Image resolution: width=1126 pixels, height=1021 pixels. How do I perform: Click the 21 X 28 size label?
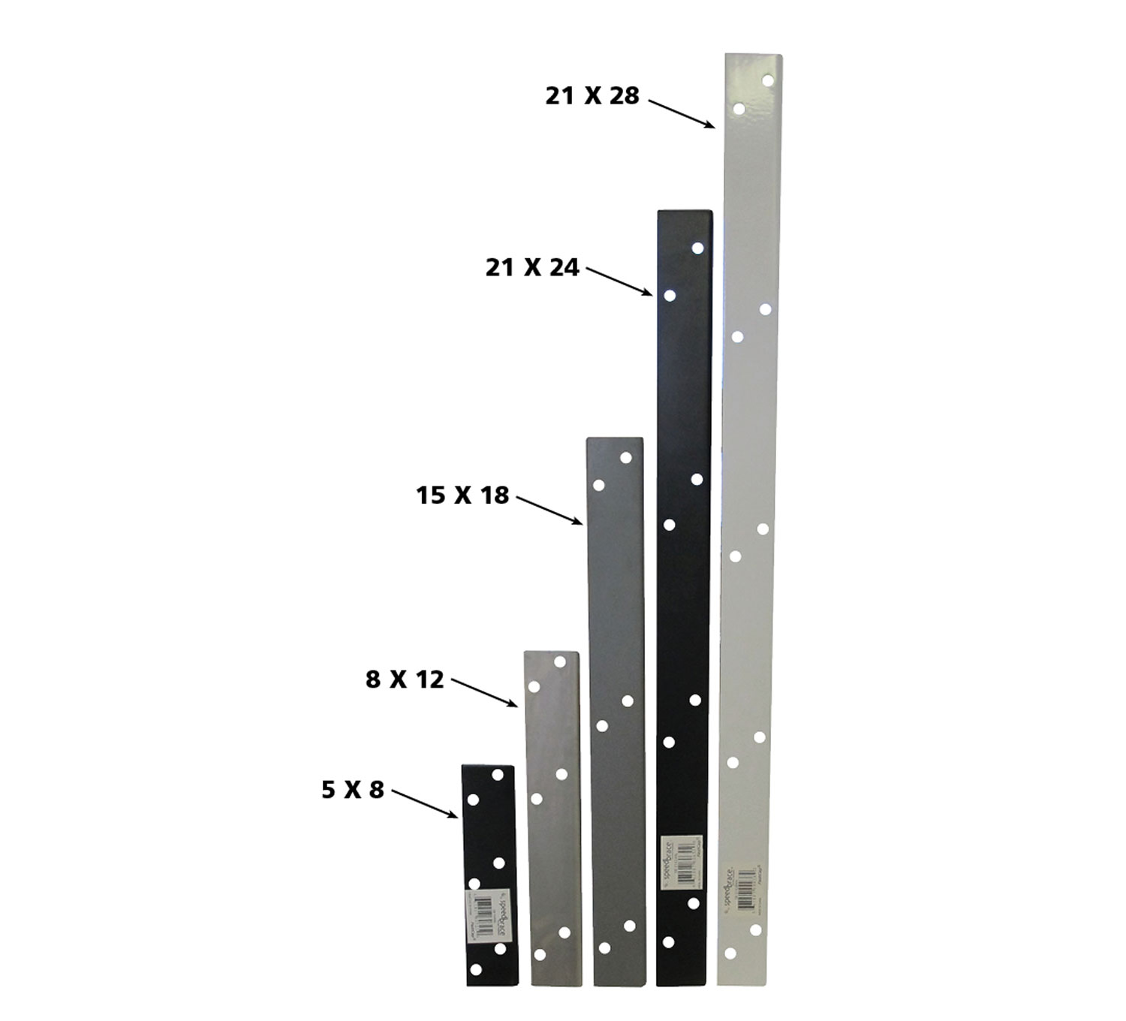[x=592, y=96]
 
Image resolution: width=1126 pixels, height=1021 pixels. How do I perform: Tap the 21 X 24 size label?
[x=532, y=268]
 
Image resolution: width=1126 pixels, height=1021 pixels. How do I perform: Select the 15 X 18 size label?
[x=462, y=495]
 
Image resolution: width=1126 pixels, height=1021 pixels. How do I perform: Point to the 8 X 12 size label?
[x=405, y=680]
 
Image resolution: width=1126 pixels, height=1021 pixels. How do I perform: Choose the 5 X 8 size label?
[x=353, y=791]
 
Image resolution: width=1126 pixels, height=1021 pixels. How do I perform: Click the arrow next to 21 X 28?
[x=682, y=113]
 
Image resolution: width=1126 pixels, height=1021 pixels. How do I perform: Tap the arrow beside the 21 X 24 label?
[x=619, y=282]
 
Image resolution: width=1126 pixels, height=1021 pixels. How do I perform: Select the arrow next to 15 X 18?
[x=550, y=510]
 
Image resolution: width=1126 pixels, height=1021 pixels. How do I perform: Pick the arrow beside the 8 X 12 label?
[x=485, y=693]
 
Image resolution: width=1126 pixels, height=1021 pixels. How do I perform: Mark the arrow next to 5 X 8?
[x=425, y=803]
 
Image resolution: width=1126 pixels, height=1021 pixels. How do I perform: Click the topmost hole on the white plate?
[x=768, y=80]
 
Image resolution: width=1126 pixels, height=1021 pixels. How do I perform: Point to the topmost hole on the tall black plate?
[x=698, y=248]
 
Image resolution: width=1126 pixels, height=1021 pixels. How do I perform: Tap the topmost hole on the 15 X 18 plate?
[x=626, y=457]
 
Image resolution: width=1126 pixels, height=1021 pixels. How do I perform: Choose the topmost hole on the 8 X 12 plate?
[x=559, y=662]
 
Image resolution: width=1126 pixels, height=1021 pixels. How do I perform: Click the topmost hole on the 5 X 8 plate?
[x=497, y=774]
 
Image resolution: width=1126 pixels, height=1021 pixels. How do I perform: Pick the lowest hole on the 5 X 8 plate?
[x=475, y=970]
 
